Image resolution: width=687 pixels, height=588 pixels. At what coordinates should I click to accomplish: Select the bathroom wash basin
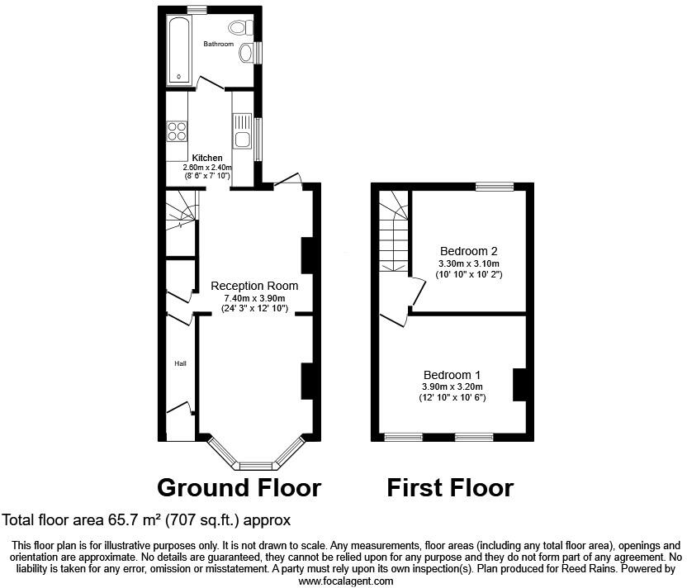(x=246, y=54)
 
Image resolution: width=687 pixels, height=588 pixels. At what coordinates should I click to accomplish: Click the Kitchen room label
(x=207, y=158)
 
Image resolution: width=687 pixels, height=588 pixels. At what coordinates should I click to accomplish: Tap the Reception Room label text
(x=254, y=286)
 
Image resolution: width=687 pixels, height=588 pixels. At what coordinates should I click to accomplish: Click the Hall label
(x=179, y=363)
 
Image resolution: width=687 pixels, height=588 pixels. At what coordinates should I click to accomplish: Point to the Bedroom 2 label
(x=468, y=251)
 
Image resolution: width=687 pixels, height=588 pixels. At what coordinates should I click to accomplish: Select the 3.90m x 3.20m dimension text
(x=452, y=386)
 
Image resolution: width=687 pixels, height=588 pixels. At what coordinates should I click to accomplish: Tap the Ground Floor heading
(x=239, y=487)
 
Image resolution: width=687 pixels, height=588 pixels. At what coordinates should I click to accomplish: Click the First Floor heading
(x=450, y=487)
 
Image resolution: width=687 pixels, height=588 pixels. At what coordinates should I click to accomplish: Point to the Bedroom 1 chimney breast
(x=519, y=385)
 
